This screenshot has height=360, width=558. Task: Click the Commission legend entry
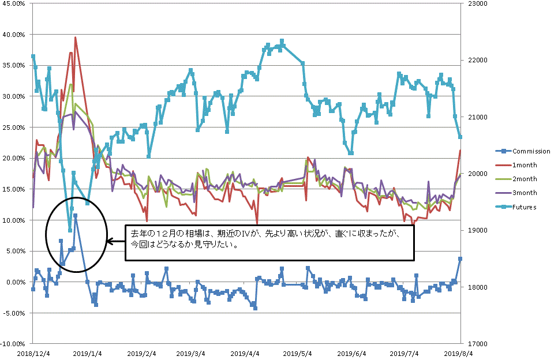point(531,151)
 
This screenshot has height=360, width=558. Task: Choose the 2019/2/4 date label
point(142,353)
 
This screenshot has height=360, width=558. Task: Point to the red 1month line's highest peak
point(76,37)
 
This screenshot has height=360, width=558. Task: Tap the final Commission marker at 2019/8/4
point(460,259)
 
